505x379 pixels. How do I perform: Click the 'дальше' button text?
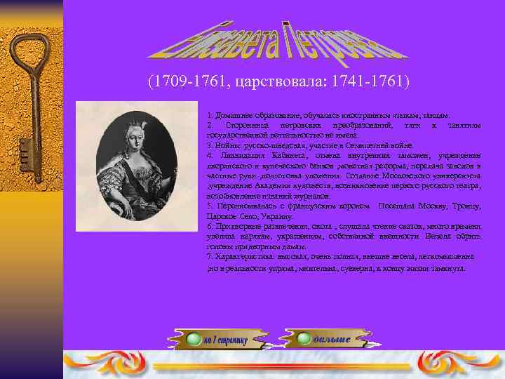332,340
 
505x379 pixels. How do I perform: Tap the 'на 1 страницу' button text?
226,340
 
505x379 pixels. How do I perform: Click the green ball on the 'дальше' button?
304,339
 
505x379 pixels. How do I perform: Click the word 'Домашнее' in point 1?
231,114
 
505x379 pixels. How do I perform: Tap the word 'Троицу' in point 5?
466,206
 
